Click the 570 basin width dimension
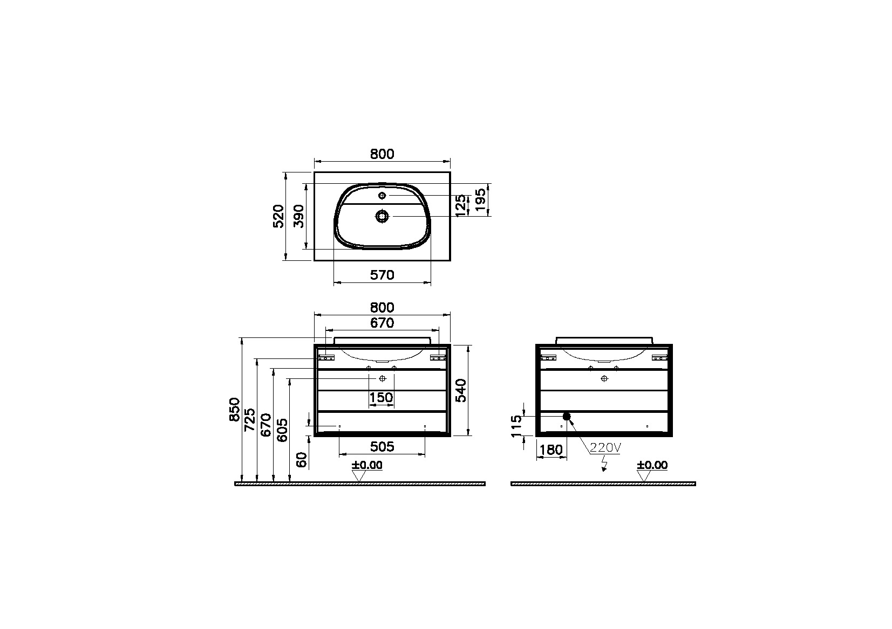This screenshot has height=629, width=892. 382,275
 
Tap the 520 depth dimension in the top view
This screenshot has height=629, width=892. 279,217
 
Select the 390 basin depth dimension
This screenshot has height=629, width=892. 298,217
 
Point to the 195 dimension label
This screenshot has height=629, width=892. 481,200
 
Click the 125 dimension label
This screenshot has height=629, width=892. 461,206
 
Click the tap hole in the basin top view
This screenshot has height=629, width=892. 382,195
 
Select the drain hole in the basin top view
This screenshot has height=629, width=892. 382,216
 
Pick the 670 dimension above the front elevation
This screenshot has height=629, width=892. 382,323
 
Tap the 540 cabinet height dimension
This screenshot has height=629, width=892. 461,390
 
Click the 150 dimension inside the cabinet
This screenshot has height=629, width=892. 381,397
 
